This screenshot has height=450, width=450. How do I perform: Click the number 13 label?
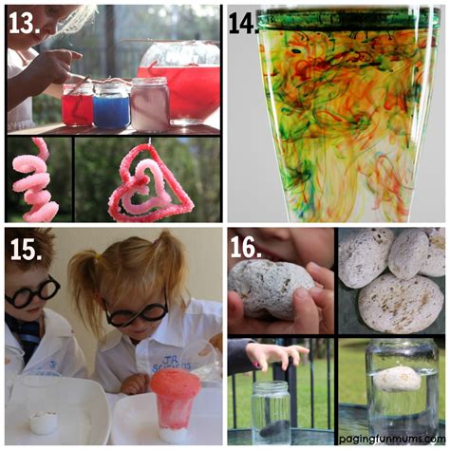click(x=26, y=22)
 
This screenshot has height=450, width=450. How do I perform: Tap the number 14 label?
click(x=244, y=24)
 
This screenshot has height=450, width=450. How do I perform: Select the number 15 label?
click(x=26, y=249)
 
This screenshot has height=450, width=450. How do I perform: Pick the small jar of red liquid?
click(x=77, y=104)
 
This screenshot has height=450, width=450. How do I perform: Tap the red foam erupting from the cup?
click(x=175, y=390)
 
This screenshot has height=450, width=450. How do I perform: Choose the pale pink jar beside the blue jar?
click(x=150, y=103)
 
